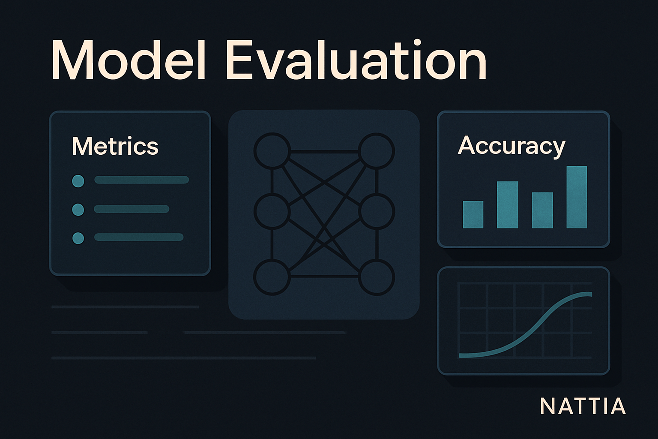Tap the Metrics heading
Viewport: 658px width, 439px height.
coord(115,146)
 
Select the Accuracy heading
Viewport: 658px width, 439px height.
coord(511,146)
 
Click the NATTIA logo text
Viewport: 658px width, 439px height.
coord(583,406)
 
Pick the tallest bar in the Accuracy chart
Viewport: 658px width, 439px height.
coord(577,197)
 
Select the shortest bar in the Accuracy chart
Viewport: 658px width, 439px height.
coord(473,215)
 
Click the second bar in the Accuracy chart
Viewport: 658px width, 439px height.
coord(507,204)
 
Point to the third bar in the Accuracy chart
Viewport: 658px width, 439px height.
coord(542,210)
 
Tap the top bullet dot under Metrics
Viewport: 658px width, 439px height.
coord(78,181)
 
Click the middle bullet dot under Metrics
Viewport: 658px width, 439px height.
coord(78,210)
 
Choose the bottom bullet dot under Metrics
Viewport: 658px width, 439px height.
coord(78,238)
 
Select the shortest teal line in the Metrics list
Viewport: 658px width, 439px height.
coord(132,209)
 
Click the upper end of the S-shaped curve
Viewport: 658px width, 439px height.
coord(591,294)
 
